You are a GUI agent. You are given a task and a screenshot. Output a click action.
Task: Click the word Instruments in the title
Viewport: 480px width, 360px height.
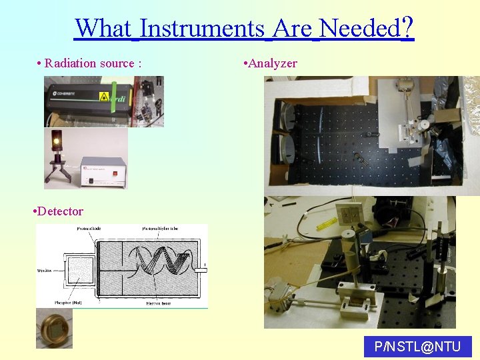point(202,29)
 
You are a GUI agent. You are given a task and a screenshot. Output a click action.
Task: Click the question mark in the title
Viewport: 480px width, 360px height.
point(408,28)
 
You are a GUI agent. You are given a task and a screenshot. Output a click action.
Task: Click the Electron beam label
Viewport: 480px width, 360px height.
point(160,303)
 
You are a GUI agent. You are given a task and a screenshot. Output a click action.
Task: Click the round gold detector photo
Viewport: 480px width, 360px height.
point(53,327)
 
